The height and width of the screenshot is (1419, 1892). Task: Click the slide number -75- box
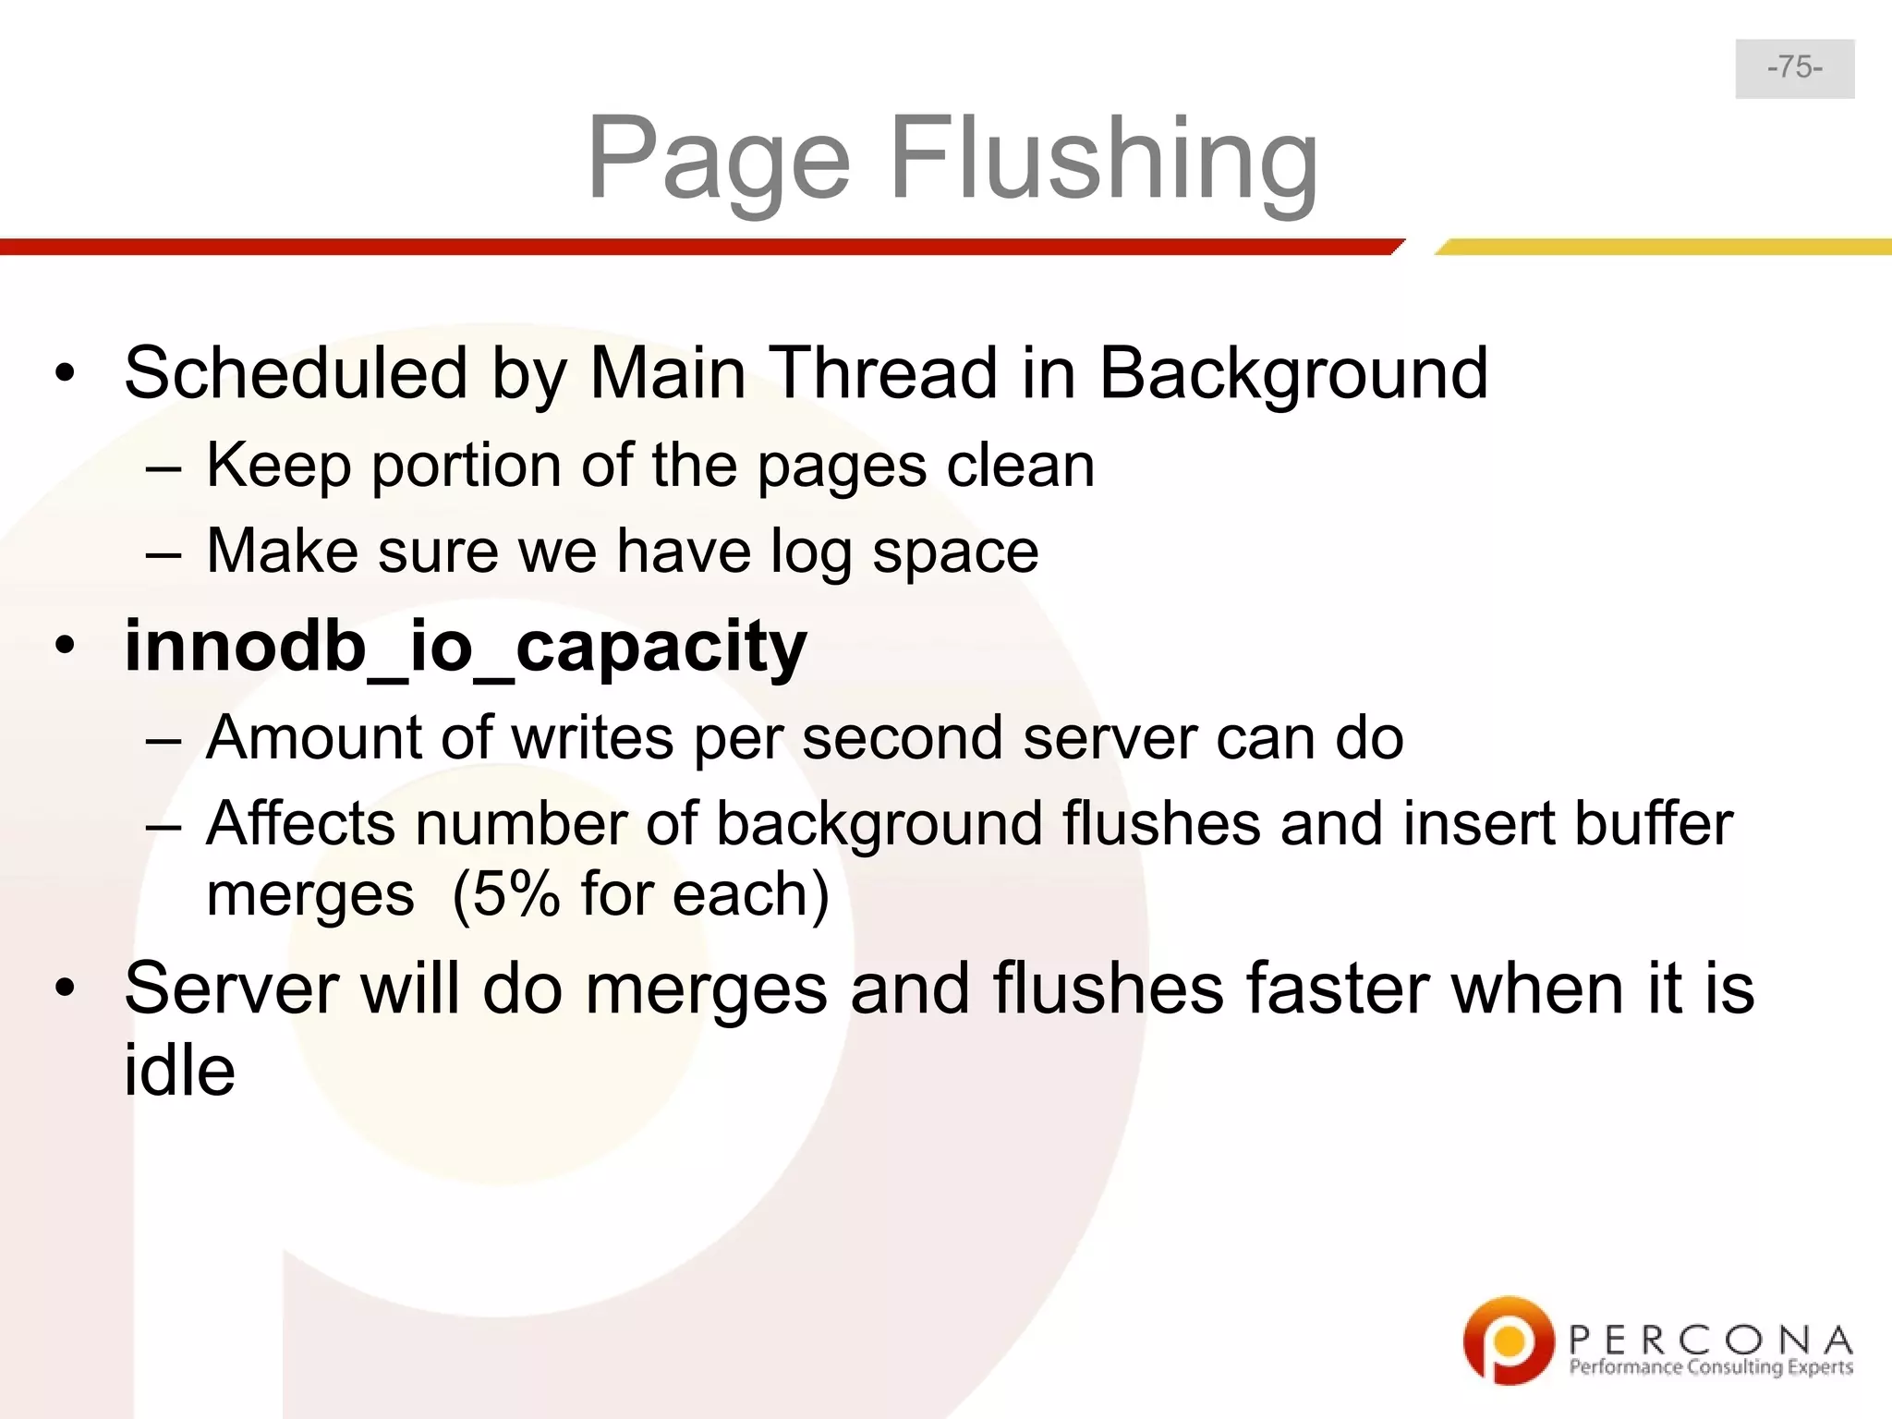coord(1794,68)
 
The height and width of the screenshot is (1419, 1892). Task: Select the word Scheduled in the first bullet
coord(296,373)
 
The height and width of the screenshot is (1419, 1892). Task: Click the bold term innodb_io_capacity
coord(466,647)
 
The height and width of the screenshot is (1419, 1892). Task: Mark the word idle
coord(179,1072)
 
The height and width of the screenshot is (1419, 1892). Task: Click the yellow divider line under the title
coord(1663,247)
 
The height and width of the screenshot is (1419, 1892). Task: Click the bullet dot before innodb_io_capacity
coord(64,647)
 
